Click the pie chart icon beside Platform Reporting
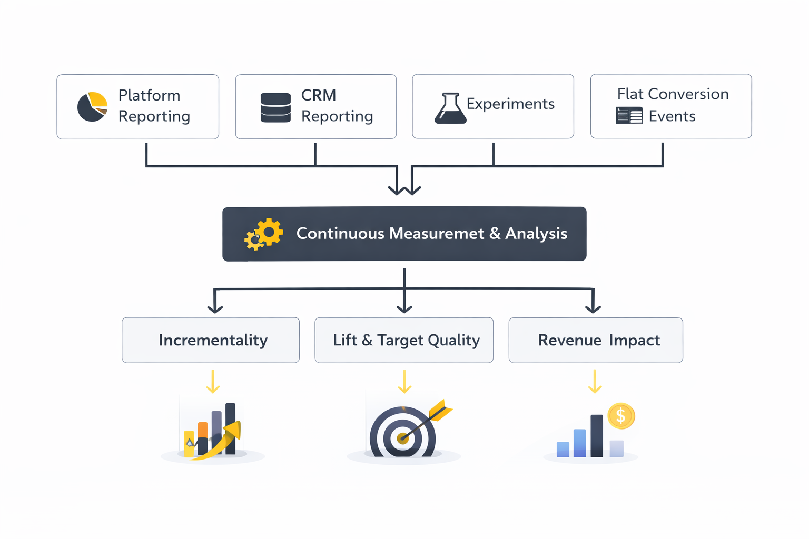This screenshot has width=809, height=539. (x=92, y=107)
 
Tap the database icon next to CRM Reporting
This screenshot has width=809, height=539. (x=275, y=107)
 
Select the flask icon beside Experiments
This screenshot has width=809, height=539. (x=450, y=108)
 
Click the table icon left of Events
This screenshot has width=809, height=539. (x=629, y=115)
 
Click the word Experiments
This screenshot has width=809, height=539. (x=510, y=104)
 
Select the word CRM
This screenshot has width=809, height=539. (x=318, y=95)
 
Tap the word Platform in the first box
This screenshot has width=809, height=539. (x=149, y=95)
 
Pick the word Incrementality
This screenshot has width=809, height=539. (x=213, y=340)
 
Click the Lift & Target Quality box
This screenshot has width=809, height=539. (x=404, y=340)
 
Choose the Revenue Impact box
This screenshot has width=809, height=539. (x=595, y=340)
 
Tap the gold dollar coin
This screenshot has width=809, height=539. (x=621, y=416)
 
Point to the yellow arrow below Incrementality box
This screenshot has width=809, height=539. (x=213, y=382)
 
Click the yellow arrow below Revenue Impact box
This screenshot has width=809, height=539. (x=595, y=382)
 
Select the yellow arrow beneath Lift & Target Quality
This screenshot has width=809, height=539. (x=404, y=382)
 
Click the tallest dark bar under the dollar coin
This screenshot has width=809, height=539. (x=596, y=436)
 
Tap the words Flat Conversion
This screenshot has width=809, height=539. (x=673, y=94)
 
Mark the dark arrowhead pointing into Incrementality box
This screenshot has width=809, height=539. (x=215, y=308)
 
